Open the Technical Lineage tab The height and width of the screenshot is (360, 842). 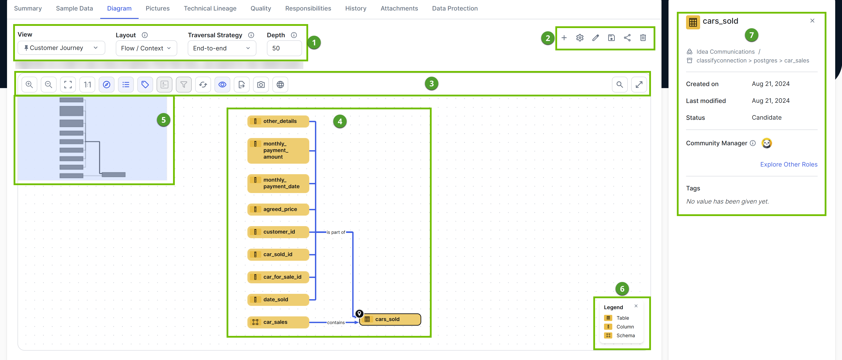(210, 9)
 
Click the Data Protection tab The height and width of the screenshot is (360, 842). (455, 9)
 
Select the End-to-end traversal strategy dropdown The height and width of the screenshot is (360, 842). (222, 48)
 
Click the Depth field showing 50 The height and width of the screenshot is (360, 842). (284, 48)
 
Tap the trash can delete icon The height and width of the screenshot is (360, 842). (643, 38)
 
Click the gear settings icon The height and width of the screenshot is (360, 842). (579, 38)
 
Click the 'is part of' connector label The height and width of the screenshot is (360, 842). (336, 232)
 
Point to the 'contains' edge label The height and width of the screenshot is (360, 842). (336, 323)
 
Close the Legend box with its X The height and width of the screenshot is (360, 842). (636, 306)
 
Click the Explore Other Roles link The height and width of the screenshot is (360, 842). (788, 165)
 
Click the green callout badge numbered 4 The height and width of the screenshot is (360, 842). (340, 122)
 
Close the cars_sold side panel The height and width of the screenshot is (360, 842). (812, 21)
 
